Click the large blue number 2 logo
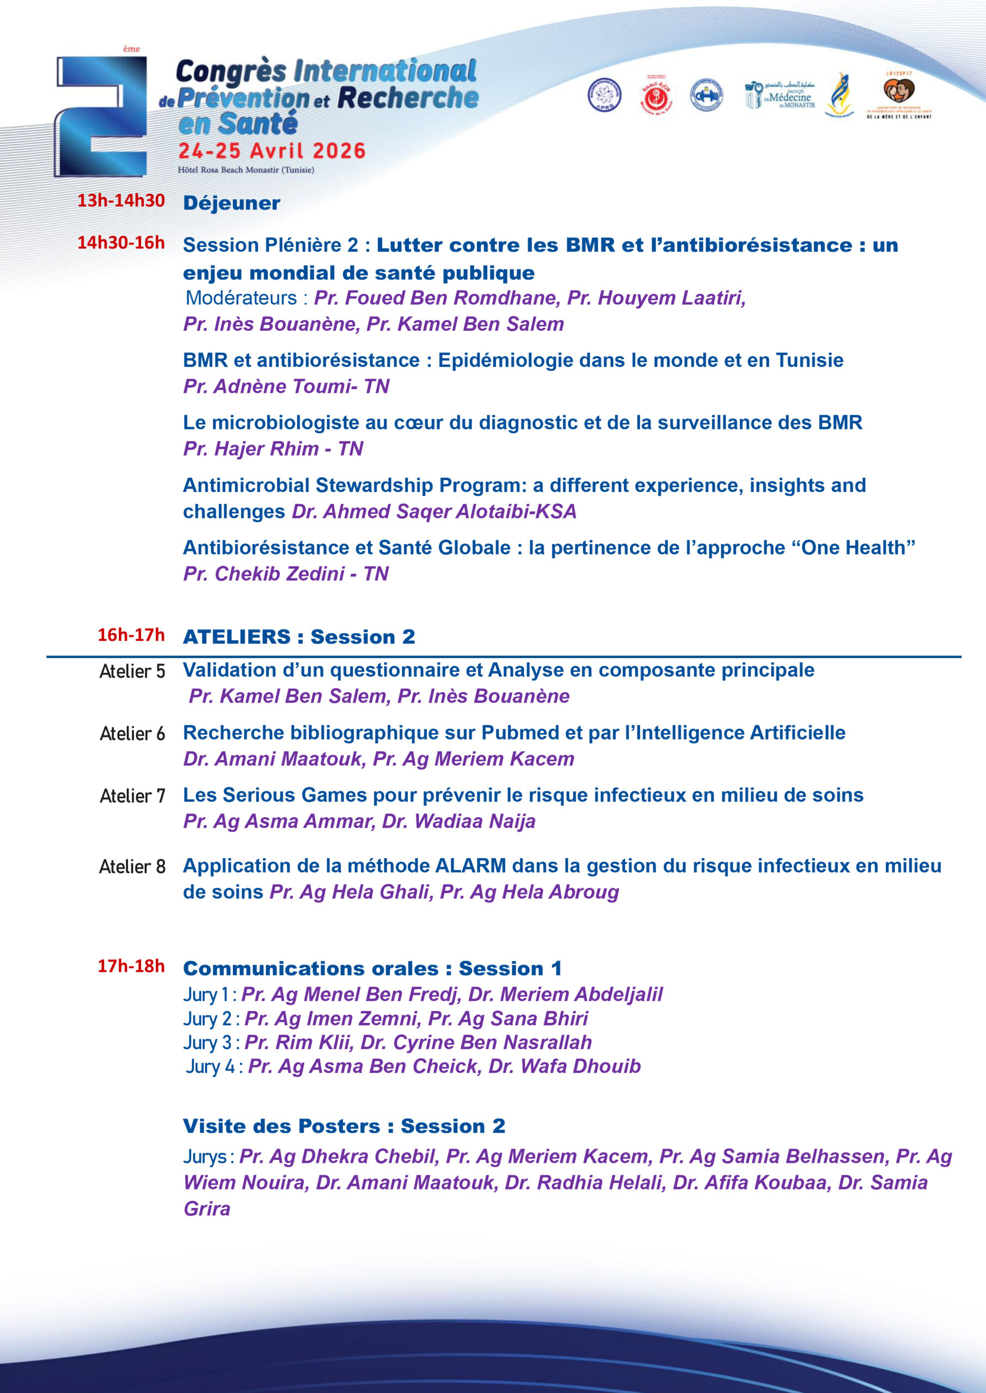[x=102, y=116]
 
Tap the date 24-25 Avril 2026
[x=271, y=151]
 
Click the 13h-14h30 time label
[x=121, y=201]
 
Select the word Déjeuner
[x=231, y=204]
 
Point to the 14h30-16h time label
[x=121, y=243]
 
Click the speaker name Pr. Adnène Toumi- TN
[x=286, y=386]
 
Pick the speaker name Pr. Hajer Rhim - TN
[x=273, y=448]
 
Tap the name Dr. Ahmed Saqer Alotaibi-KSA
[x=433, y=511]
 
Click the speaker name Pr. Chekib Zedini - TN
[x=286, y=574]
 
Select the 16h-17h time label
[x=131, y=635]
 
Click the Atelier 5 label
[x=132, y=671]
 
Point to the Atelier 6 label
[x=132, y=734]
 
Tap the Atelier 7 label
[x=132, y=796]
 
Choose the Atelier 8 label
[x=132, y=866]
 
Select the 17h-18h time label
[x=131, y=966]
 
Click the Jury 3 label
[x=207, y=1043]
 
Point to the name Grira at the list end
[x=207, y=1209]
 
